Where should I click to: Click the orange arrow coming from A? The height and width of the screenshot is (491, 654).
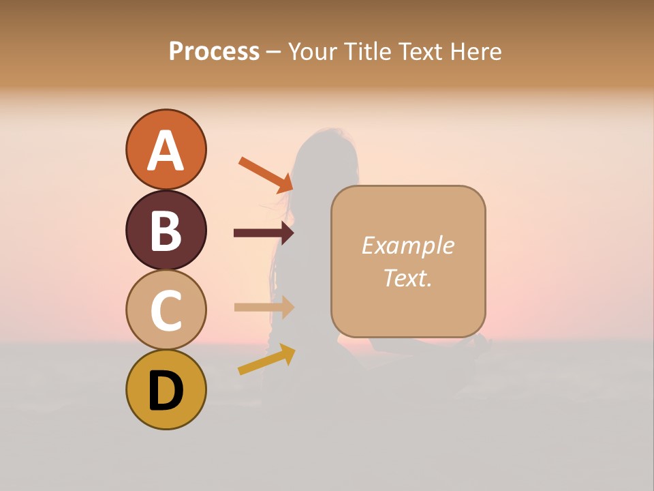(x=266, y=174)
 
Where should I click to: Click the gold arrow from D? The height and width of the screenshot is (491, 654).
(x=266, y=359)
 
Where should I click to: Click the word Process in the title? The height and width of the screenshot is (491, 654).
(x=214, y=51)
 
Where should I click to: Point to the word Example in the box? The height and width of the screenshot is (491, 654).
(x=407, y=245)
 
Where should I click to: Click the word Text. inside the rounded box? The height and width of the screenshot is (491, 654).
(x=407, y=278)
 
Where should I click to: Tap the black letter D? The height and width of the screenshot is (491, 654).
(x=166, y=391)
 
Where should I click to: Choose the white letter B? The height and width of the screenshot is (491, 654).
(x=166, y=230)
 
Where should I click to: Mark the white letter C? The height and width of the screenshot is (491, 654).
(x=166, y=310)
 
